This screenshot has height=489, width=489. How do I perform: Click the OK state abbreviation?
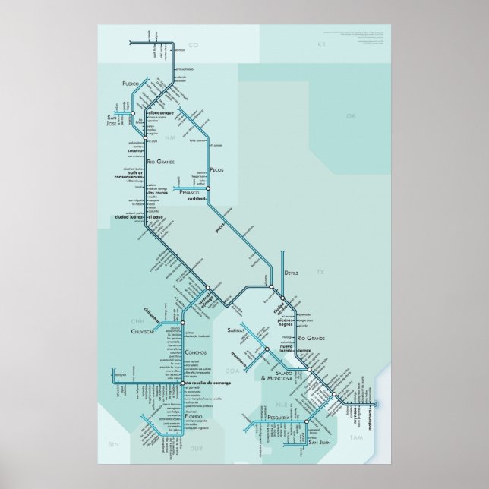coord(350,116)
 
